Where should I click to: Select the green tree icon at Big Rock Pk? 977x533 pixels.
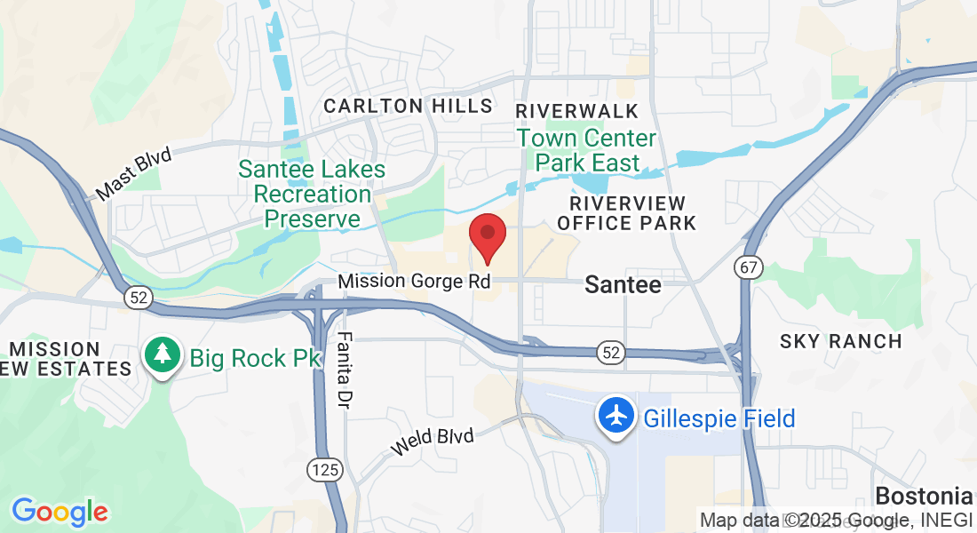[162, 355]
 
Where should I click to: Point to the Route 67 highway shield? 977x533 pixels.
[748, 267]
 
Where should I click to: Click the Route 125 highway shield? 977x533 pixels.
[324, 470]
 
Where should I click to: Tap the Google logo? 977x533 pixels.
[60, 511]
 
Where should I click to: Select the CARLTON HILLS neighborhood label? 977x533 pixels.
[408, 106]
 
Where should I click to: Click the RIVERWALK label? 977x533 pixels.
[577, 111]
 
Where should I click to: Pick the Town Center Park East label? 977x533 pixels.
[586, 151]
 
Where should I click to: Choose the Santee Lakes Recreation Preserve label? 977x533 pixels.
[312, 194]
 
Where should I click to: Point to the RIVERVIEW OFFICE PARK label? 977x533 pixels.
[627, 213]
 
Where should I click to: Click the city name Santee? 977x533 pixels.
[623, 285]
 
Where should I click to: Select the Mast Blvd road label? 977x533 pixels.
[133, 174]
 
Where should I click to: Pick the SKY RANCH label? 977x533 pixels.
[840, 341]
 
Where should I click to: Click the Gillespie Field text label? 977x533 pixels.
[719, 418]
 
